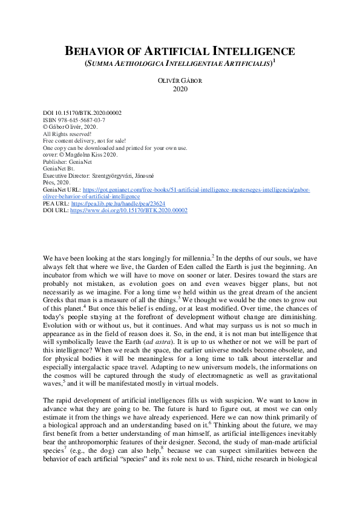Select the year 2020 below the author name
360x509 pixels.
[x=180, y=89]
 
